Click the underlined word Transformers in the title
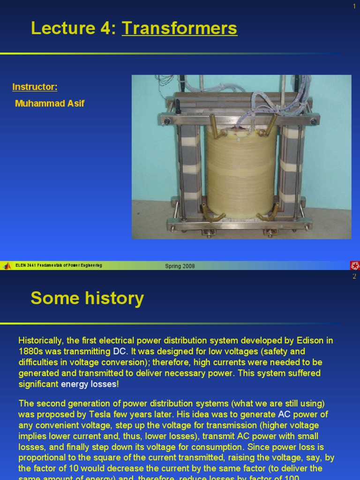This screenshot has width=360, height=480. coord(180,29)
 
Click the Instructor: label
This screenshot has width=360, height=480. coord(35,87)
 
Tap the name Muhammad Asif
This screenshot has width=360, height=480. coord(50,103)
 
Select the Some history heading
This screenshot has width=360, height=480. coord(87,298)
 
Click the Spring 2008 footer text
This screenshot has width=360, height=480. coord(180,266)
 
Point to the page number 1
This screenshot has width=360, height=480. coord(354,6)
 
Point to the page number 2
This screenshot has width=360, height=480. coord(354,276)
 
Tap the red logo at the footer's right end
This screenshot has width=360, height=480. coord(354,266)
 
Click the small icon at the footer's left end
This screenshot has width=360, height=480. coord(7,266)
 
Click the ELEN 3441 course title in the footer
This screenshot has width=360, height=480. coord(59,266)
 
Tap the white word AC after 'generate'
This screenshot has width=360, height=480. coord(285,414)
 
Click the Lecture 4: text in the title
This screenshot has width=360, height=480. coord(74,29)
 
